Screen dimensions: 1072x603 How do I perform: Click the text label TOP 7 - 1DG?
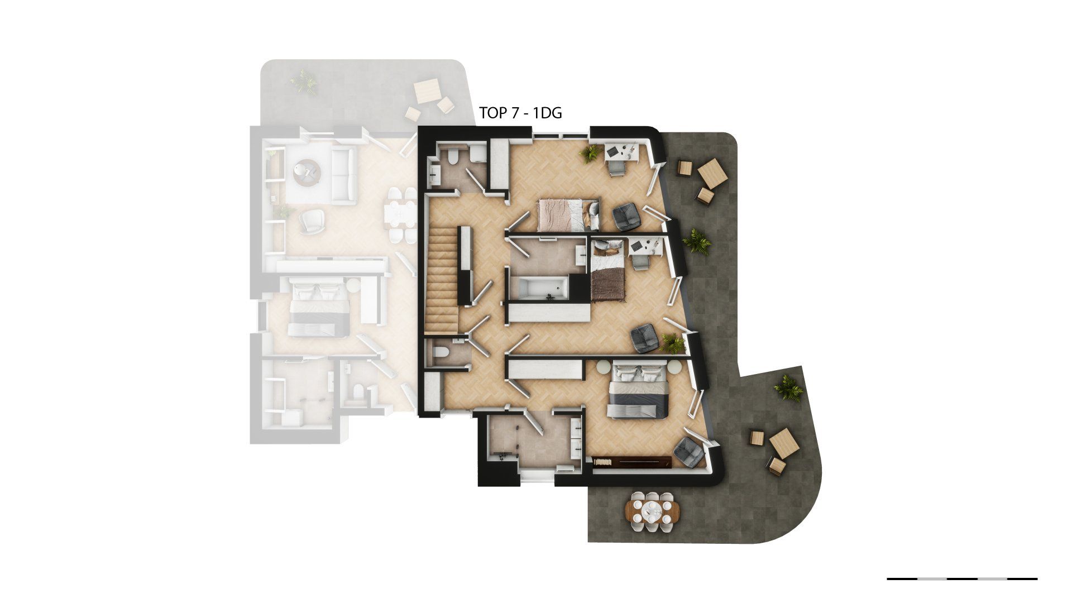click(x=520, y=113)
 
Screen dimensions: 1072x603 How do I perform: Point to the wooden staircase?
click(x=441, y=280)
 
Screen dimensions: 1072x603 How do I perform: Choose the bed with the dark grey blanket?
click(x=638, y=390)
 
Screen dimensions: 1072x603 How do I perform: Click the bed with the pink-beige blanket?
click(x=568, y=215)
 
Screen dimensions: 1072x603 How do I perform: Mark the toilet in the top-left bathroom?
click(x=453, y=156)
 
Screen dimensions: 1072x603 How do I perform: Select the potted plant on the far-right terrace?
click(x=788, y=387)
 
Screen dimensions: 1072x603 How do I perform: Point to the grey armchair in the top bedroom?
click(x=626, y=217)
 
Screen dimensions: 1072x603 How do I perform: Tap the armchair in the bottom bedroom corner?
click(x=689, y=452)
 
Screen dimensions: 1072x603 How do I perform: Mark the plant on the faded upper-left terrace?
click(x=304, y=83)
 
